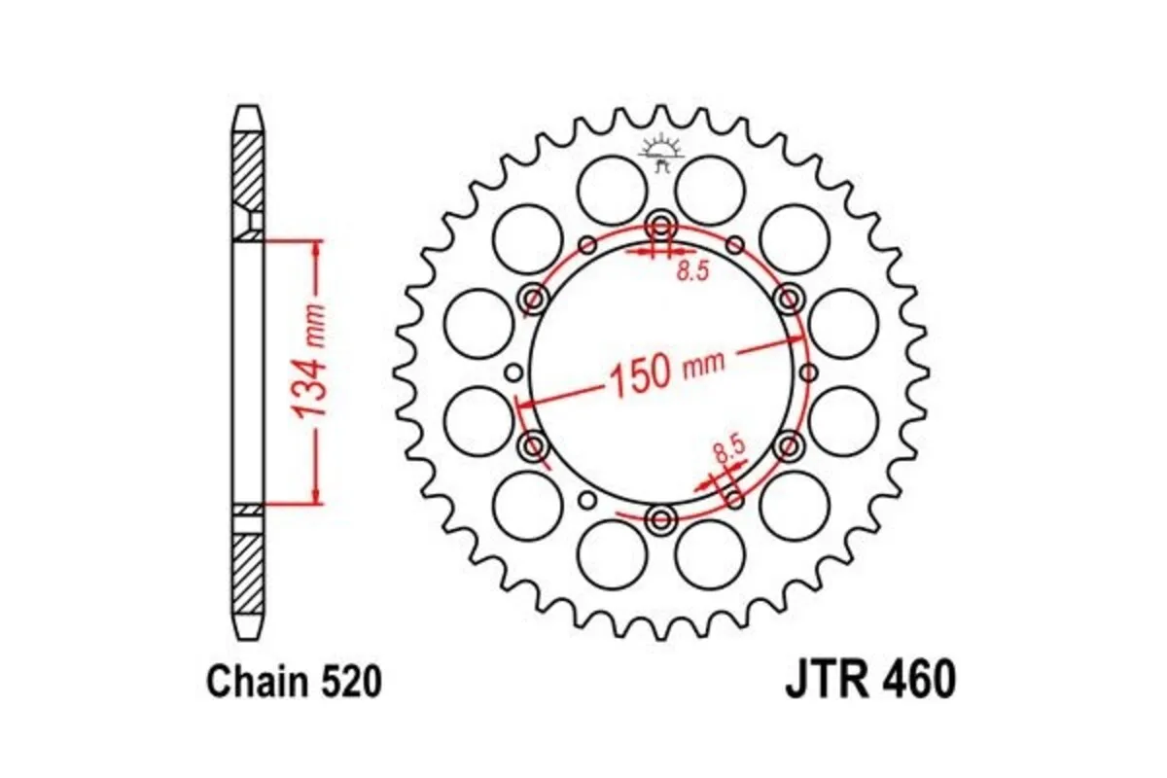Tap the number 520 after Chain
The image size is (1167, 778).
347,683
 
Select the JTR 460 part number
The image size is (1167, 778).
869,682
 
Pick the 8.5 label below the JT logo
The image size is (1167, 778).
691,272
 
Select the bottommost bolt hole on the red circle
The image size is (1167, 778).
661,519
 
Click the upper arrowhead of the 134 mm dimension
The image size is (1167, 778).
315,249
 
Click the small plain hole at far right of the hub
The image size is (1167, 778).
808,373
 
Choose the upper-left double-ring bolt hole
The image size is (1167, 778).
534,298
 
